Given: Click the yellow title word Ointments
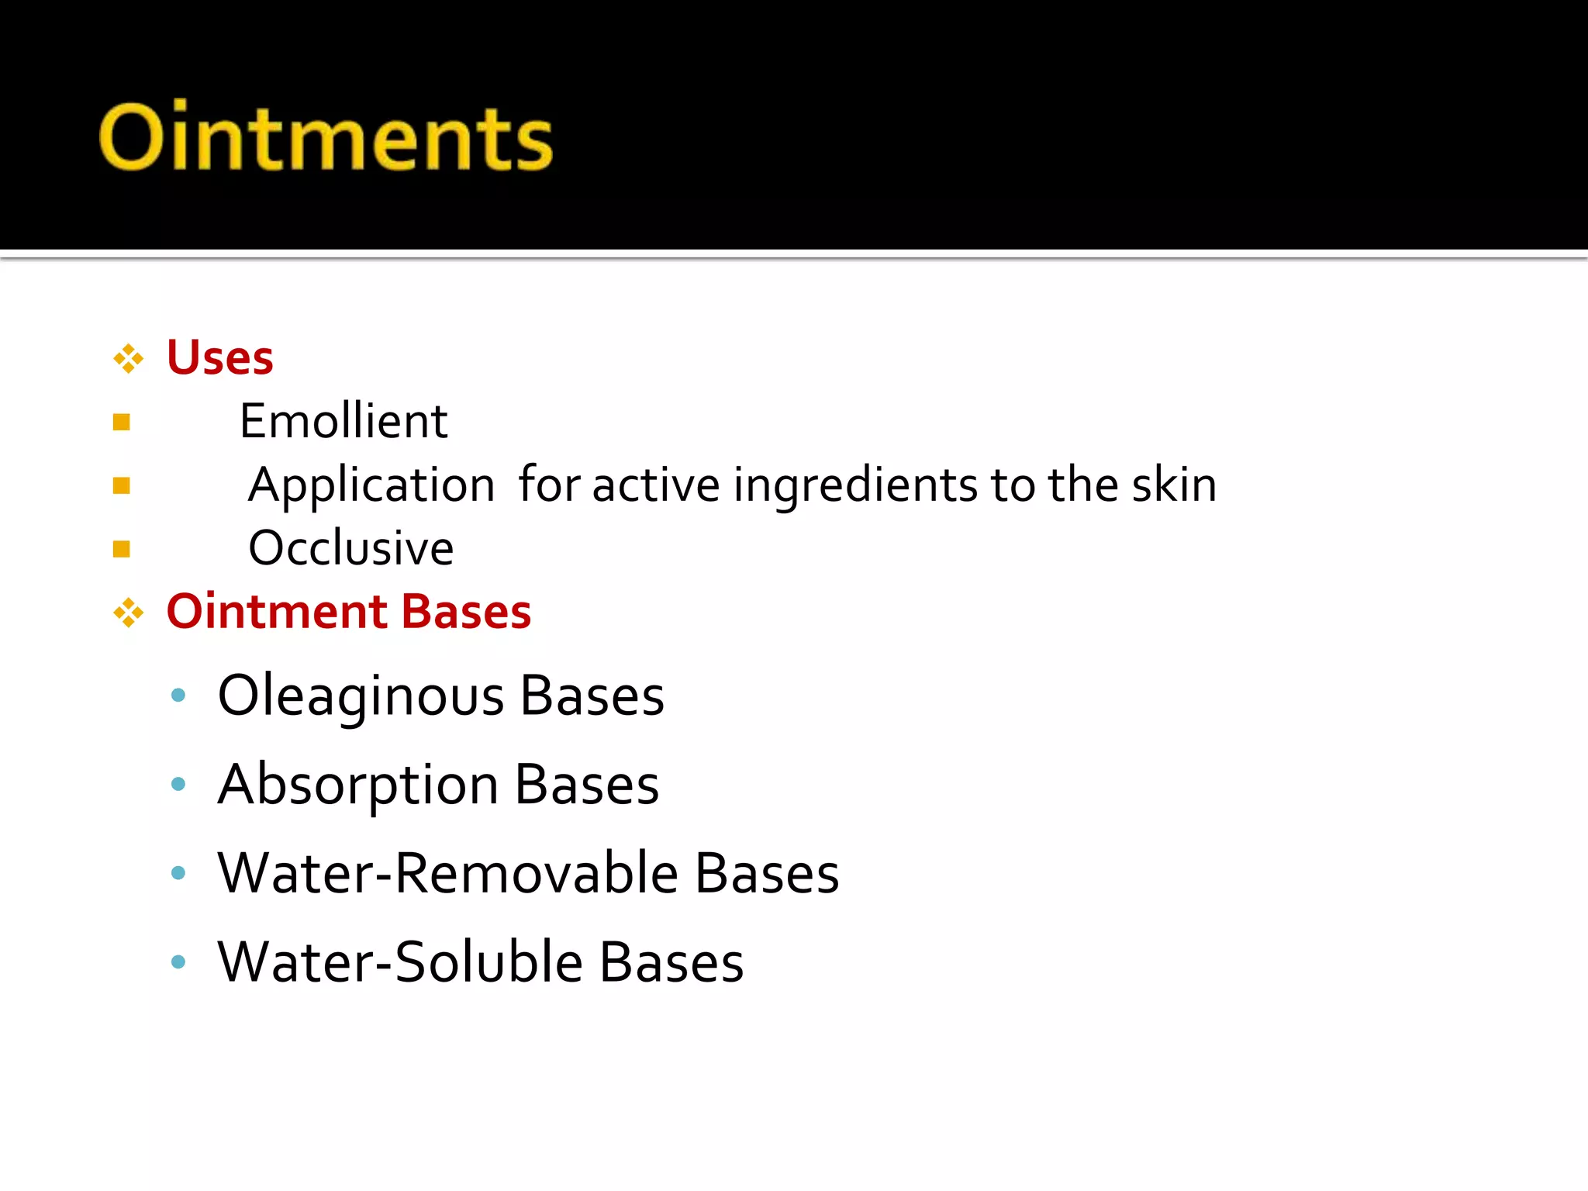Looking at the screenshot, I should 326,137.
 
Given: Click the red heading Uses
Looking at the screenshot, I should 220,358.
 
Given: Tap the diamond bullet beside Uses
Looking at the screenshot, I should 128,359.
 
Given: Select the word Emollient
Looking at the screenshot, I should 343,422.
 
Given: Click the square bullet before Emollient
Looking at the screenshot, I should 122,423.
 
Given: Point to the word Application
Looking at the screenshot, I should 371,485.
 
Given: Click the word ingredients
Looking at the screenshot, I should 855,486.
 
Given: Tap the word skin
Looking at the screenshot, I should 1174,485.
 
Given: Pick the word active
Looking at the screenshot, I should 656,486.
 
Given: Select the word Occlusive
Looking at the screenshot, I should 350,549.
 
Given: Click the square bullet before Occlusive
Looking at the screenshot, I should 122,550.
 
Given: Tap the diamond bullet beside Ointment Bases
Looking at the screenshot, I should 128,613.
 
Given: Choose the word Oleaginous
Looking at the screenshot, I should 361,696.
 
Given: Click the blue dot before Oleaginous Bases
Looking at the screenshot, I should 178,696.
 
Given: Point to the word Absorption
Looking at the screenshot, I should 358,785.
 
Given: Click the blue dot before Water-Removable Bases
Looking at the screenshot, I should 178,873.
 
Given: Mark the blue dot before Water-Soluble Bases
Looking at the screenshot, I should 178,962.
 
